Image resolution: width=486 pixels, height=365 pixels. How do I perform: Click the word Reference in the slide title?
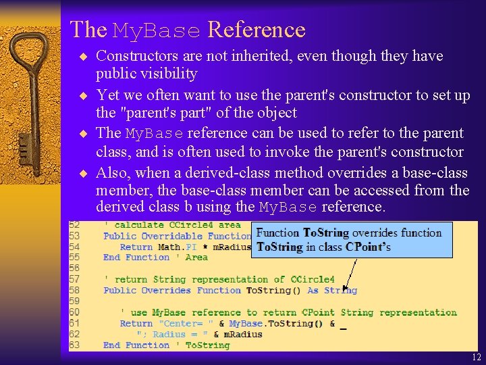tap(256, 30)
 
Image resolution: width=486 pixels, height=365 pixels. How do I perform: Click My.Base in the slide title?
tap(157, 31)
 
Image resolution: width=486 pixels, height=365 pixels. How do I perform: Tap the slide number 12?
tap(477, 358)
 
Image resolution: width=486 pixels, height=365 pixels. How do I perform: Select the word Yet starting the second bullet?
tap(109, 95)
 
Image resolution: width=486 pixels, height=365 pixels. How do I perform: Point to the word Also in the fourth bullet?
tap(111, 172)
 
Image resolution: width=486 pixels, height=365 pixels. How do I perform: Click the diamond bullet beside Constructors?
tap(84, 56)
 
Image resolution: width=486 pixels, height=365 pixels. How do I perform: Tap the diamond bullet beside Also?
tap(84, 173)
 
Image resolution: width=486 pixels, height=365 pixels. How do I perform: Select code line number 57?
tap(75, 279)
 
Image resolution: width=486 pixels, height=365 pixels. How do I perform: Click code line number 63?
tap(75, 345)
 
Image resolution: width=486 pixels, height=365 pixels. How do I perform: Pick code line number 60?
tap(75, 312)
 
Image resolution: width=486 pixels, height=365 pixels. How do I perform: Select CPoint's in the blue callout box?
tap(369, 247)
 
